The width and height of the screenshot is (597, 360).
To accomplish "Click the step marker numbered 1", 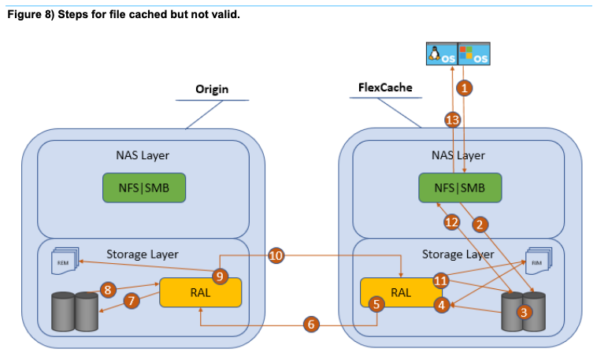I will coord(465,88).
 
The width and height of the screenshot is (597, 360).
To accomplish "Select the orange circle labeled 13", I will coord(452,120).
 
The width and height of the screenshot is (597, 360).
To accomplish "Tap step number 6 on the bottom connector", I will coord(311,324).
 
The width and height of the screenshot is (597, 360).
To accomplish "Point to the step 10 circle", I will coord(276,255).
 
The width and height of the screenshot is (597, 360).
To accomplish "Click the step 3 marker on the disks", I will coord(521,311).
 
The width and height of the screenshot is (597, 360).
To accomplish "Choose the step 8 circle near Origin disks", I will coord(109,290).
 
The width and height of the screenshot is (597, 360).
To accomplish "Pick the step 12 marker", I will coord(451,223).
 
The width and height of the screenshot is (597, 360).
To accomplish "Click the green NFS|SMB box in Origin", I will coord(144,187).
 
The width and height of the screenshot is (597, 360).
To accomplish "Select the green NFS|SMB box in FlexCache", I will coord(461,187).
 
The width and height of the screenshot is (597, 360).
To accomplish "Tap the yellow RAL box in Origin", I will coord(200,292).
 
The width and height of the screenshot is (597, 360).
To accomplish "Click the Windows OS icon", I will coord(473,54).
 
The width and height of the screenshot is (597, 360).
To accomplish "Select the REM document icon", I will coord(63,262).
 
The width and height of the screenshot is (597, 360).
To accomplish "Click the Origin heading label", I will coord(212,89).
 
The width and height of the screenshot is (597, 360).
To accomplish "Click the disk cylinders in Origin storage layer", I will coord(75,313).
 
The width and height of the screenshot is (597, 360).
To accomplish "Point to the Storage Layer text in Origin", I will coord(143,254).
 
